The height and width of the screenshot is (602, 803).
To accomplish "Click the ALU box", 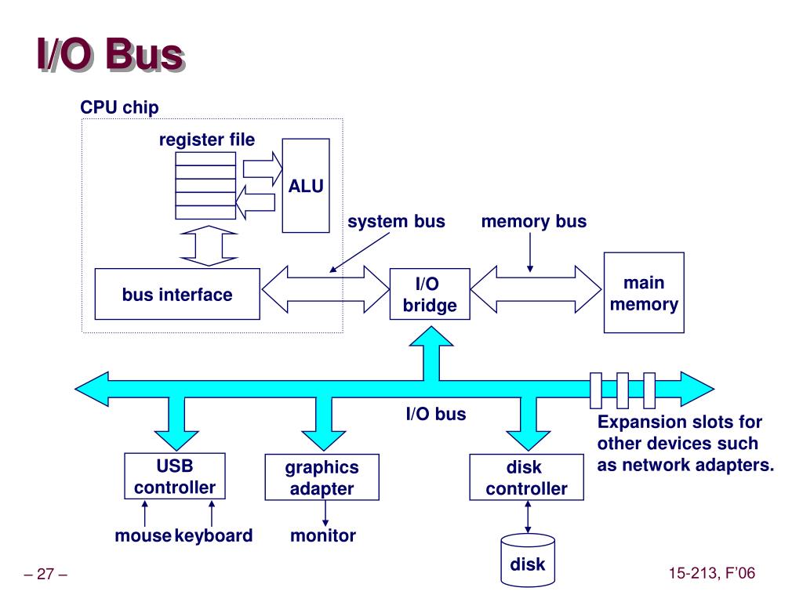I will point(306,186).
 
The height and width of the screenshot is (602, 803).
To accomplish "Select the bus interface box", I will point(177,295).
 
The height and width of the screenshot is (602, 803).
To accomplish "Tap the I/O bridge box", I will point(430,295).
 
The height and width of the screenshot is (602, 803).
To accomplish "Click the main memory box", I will point(644,293).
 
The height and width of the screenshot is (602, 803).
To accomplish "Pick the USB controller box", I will point(174,477).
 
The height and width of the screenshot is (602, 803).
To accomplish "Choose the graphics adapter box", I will point(322,478).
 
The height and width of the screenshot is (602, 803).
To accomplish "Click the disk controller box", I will point(526,478).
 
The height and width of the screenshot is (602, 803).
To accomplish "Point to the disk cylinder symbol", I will point(527,560).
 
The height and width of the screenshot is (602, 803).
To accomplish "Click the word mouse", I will point(143,536).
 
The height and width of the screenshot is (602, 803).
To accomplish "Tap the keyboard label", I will point(213,536).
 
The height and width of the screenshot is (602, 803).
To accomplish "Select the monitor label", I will point(323,536).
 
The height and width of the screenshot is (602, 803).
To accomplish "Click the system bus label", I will point(396,222).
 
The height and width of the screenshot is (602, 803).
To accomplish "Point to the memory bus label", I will point(534,222).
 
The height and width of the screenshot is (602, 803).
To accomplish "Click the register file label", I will point(207,140).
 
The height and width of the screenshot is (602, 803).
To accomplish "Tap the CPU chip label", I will point(119,107).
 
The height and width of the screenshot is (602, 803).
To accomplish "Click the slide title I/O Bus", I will point(110,57).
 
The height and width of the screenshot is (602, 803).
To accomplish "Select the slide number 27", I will point(46,575).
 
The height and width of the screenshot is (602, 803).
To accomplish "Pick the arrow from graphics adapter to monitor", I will point(325,513).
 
